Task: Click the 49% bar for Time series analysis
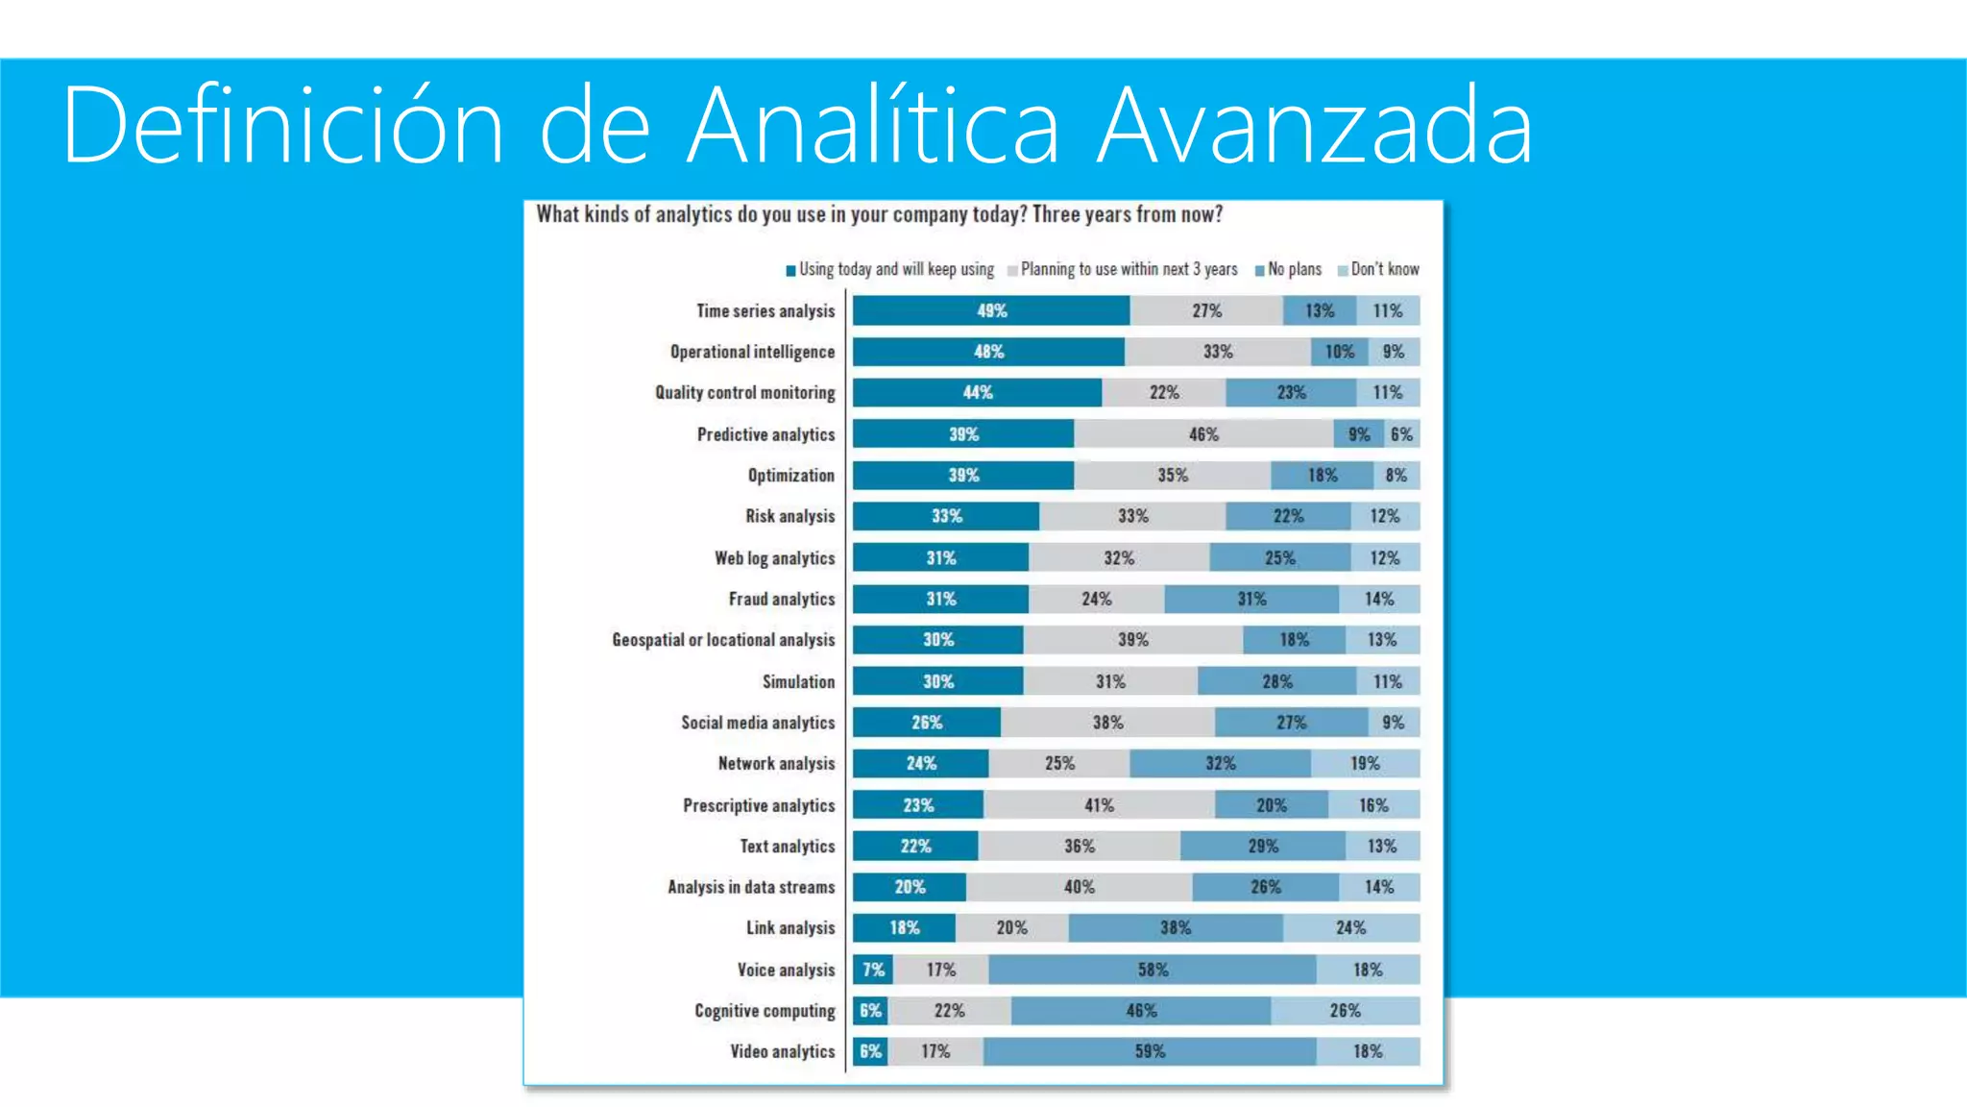pos(990,310)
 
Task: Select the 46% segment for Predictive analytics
pos(1202,434)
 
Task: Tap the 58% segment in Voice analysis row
pos(1152,970)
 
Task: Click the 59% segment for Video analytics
pos(1149,1051)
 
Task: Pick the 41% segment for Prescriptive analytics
pos(1099,805)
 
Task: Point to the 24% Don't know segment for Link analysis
pos(1349,927)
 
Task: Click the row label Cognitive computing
pos(765,1011)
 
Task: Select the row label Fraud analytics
pos(781,599)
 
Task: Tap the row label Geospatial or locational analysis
pos(723,640)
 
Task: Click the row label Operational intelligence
pos(752,352)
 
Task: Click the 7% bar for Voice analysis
pos(873,970)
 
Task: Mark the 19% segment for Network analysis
pos(1364,763)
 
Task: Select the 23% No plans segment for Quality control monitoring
pos(1290,392)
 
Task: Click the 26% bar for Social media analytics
pos(926,723)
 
